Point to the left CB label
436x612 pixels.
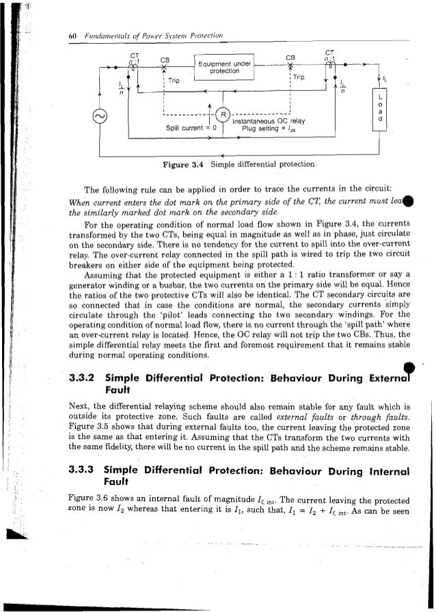point(165,59)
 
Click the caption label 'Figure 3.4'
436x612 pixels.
point(179,165)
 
